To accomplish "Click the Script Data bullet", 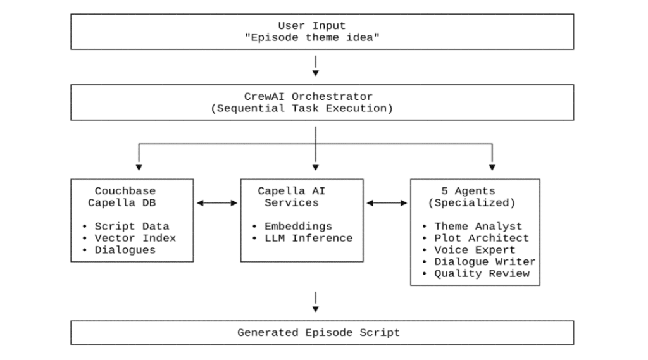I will [132, 226].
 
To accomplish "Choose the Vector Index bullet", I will [135, 238].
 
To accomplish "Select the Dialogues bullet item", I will [125, 249].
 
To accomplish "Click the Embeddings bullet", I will [298, 226].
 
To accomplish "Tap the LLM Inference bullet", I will [308, 238].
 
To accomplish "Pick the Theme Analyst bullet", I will [478, 226].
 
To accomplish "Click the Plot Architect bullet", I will [481, 238].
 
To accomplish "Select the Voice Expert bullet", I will [475, 249].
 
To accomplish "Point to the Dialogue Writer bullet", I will [485, 261].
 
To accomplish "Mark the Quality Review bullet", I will [481, 273].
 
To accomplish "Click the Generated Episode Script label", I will [318, 332].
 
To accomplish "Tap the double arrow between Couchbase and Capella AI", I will [216, 203].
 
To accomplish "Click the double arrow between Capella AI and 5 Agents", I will [387, 203].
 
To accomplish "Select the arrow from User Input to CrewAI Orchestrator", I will [315, 65].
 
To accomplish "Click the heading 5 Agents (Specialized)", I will [475, 197].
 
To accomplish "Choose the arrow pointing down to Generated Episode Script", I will [315, 302].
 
